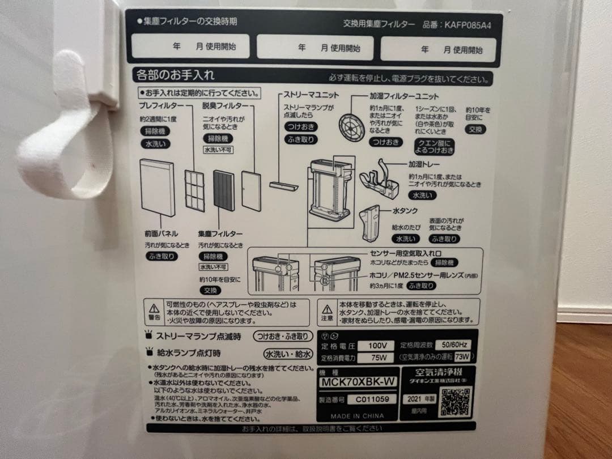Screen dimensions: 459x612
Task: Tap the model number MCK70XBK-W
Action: tap(358, 381)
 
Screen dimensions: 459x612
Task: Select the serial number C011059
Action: tap(372, 399)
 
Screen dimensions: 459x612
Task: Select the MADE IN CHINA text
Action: tap(357, 416)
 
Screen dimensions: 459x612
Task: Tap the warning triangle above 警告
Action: tap(154, 308)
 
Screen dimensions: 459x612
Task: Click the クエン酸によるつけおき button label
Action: tap(435, 146)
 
